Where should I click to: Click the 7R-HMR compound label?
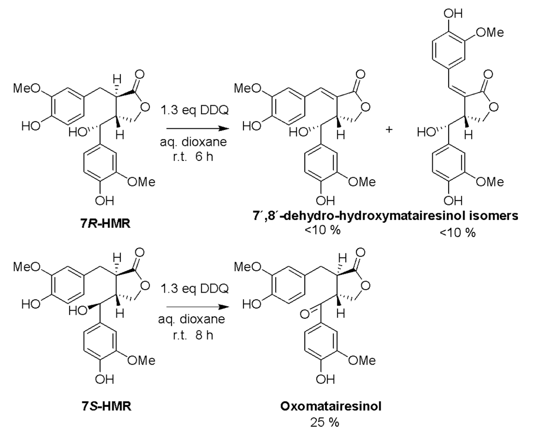click(x=105, y=223)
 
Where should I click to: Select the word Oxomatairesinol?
click(x=331, y=406)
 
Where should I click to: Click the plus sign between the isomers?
click(x=389, y=130)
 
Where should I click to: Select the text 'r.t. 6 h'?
click(x=193, y=157)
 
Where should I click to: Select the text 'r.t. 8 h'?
click(x=193, y=335)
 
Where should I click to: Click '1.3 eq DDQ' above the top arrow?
click(x=194, y=110)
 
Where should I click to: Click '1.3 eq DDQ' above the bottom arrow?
click(x=194, y=288)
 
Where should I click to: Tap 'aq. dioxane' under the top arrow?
click(x=193, y=142)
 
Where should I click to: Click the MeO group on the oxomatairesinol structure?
click(x=247, y=267)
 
